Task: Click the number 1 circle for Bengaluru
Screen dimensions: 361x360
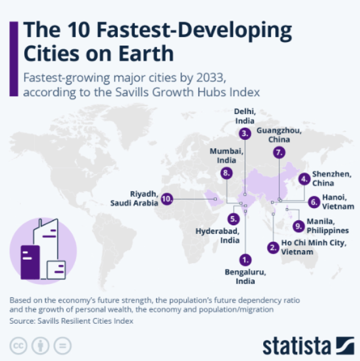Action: (x=245, y=259)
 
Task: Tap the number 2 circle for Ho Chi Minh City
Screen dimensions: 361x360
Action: (x=273, y=247)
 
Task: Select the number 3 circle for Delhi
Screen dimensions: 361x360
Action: (x=245, y=134)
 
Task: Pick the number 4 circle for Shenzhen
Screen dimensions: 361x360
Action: (x=305, y=178)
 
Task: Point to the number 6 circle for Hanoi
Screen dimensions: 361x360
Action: (x=314, y=202)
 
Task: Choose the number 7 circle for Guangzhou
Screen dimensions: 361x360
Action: (x=279, y=152)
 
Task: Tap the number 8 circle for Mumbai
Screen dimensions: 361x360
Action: (x=227, y=173)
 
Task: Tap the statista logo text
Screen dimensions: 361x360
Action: (x=296, y=346)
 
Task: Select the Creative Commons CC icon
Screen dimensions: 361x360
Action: (x=19, y=347)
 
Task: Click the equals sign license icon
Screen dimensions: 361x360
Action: (x=62, y=347)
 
